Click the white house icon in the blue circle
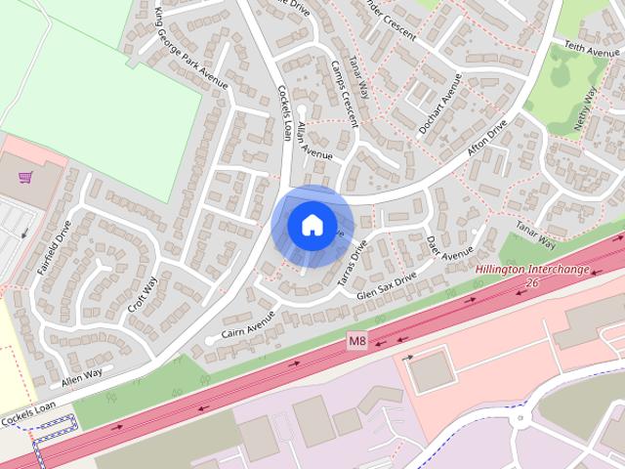point(312,225)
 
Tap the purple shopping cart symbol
point(25,177)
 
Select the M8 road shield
point(358,341)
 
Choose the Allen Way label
point(82,374)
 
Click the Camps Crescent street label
point(337,99)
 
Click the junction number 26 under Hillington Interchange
point(531,283)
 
